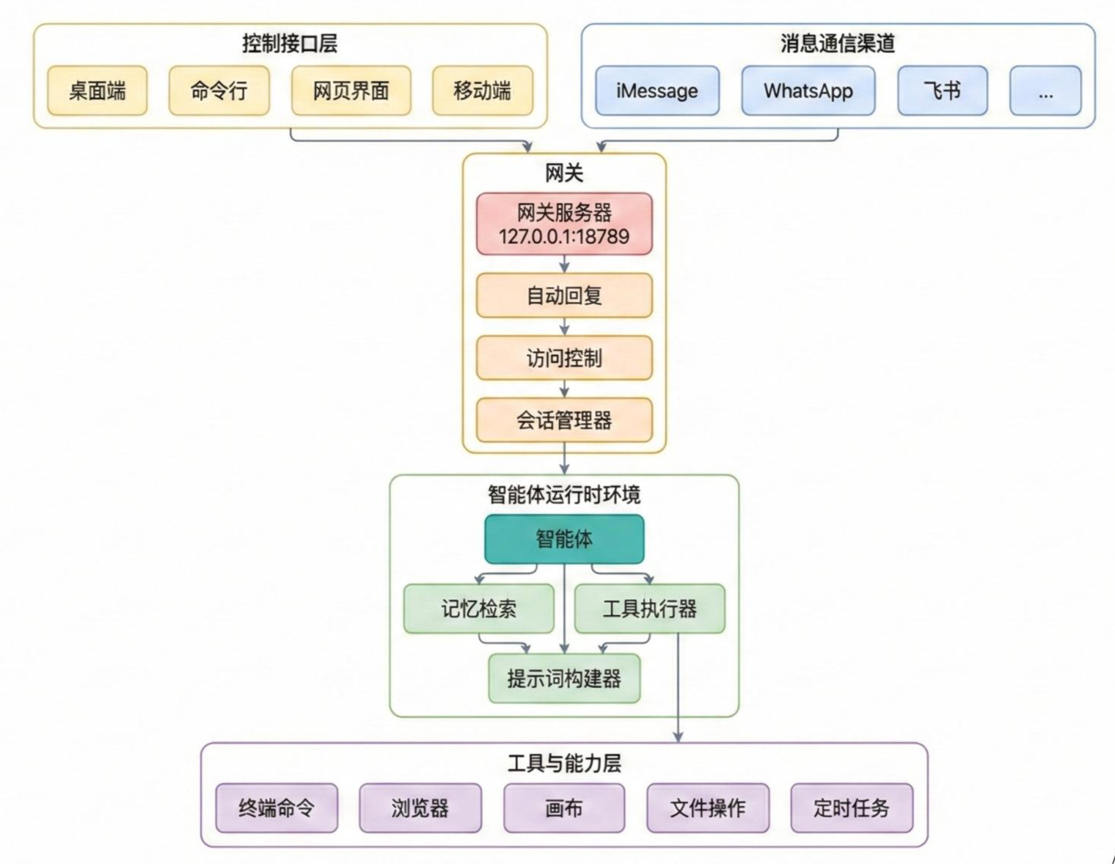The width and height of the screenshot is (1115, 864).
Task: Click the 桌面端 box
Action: click(x=97, y=91)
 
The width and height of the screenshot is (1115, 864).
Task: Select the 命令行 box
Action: click(x=219, y=91)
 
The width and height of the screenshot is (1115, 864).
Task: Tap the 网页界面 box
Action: click(x=351, y=91)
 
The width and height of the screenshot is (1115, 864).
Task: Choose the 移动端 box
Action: click(x=483, y=91)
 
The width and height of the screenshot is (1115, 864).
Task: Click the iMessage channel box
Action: click(x=657, y=91)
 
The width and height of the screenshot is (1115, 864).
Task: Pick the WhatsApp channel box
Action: click(x=808, y=91)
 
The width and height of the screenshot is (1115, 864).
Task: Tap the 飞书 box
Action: click(x=942, y=91)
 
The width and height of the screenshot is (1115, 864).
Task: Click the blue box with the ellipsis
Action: click(x=1045, y=91)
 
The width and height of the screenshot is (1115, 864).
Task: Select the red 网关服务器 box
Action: click(x=564, y=224)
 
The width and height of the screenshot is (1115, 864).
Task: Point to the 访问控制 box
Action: click(x=564, y=358)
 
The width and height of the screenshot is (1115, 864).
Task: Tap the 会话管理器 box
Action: click(x=564, y=420)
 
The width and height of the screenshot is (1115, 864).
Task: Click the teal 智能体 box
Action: click(x=564, y=539)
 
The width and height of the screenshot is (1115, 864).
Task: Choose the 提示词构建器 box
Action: click(x=564, y=679)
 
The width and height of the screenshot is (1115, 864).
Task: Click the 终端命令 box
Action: click(x=276, y=808)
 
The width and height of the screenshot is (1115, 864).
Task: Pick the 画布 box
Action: click(x=564, y=808)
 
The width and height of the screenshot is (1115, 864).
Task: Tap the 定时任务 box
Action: click(x=852, y=808)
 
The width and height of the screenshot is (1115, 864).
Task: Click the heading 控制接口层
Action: click(x=289, y=43)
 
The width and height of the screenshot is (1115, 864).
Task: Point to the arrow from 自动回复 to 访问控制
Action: click(x=564, y=327)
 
